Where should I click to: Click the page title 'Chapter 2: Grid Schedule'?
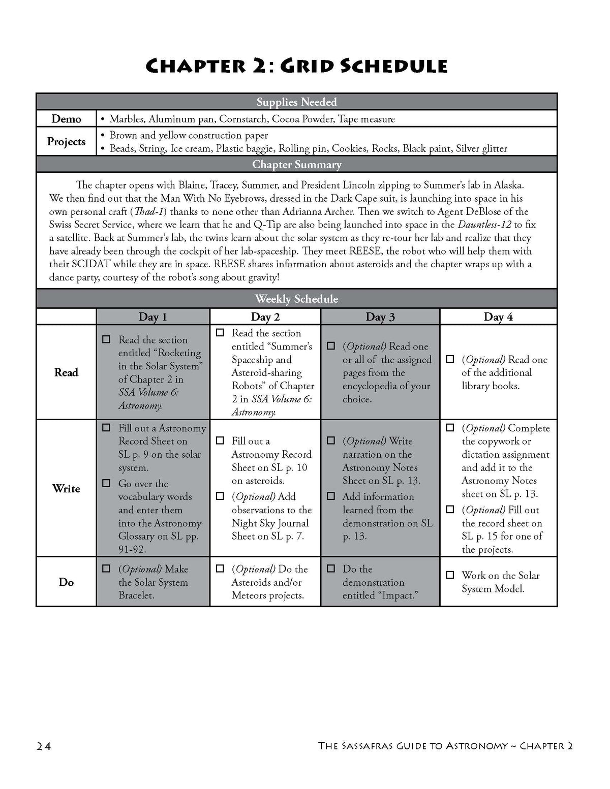pyautogui.click(x=296, y=67)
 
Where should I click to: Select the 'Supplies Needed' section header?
pyautogui.click(x=296, y=102)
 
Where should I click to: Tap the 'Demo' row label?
pyautogui.click(x=66, y=119)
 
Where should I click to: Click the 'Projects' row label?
pyautogui.click(x=66, y=141)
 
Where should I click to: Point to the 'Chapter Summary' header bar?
pyautogui.click(x=296, y=165)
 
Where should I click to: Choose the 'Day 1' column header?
pyautogui.click(x=152, y=317)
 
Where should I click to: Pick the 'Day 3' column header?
pyautogui.click(x=380, y=317)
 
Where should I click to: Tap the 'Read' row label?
pyautogui.click(x=66, y=372)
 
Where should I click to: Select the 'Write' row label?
pyautogui.click(x=66, y=488)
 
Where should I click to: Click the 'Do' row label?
pyautogui.click(x=66, y=582)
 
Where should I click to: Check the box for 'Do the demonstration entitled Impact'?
pyautogui.click(x=330, y=569)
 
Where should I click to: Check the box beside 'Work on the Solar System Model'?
pyautogui.click(x=450, y=575)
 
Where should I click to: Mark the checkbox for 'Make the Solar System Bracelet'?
pyautogui.click(x=106, y=569)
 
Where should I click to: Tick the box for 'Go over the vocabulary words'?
pyautogui.click(x=106, y=483)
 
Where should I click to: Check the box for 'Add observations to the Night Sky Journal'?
pyautogui.click(x=220, y=496)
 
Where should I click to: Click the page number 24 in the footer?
pyautogui.click(x=44, y=746)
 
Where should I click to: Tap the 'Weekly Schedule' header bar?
pyautogui.click(x=296, y=299)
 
